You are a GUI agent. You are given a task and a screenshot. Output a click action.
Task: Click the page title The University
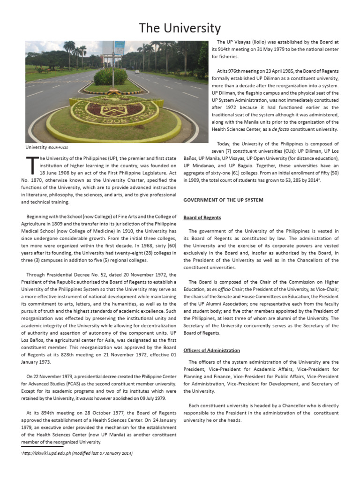click(180, 28)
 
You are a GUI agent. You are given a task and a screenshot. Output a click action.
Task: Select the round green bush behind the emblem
click(111, 76)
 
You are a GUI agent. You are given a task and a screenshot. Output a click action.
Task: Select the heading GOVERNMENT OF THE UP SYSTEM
click(223, 200)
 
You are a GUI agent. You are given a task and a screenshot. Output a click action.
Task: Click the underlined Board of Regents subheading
click(202, 217)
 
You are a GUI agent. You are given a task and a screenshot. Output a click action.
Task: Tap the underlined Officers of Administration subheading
click(211, 350)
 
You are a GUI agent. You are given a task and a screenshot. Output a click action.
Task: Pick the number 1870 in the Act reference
click(37, 180)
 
